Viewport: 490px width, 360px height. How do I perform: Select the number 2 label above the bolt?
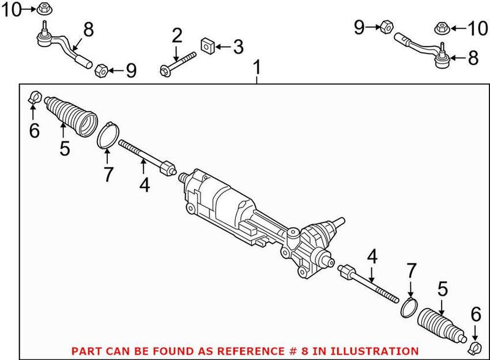pos(177,36)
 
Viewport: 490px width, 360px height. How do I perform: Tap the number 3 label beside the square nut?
pos(238,47)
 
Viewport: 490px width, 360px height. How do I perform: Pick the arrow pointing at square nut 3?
pos(222,47)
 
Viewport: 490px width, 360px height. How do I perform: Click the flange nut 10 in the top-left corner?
pos(43,9)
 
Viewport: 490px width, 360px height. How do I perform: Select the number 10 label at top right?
pos(474,27)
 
